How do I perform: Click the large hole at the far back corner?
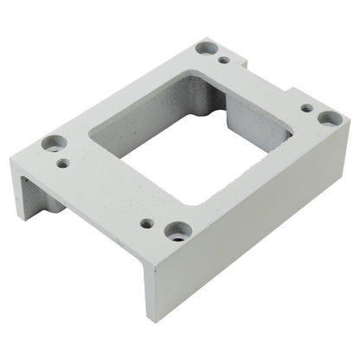point(206,48)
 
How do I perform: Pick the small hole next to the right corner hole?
point(306,108)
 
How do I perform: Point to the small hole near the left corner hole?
point(63,161)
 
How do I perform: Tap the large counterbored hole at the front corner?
point(178,231)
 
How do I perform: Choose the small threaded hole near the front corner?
point(148,222)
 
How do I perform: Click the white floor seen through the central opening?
point(186,169)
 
